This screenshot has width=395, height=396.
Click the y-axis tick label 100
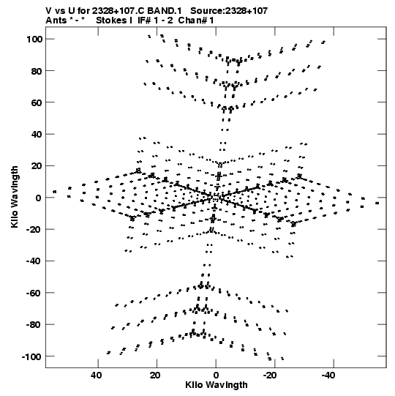tap(34, 39)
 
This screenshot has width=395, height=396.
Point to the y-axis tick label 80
tap(37, 71)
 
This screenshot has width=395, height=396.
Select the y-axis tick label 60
tap(37, 102)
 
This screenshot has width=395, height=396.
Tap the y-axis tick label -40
tap(33, 261)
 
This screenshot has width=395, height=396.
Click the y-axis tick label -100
tap(31, 356)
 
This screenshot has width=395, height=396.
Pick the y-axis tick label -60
tap(33, 293)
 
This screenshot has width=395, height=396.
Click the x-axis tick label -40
tap(328, 376)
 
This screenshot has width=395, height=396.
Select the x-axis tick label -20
tap(270, 376)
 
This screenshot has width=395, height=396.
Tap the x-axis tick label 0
tap(216, 376)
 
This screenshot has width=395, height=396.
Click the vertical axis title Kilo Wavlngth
tap(15, 197)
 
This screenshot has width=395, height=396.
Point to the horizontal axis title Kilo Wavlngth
tap(217, 385)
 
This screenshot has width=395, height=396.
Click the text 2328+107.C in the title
tap(118, 10)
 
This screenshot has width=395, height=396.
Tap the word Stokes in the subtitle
tap(112, 20)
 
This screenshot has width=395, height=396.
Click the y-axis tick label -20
tap(33, 229)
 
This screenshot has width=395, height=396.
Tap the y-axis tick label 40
tap(37, 135)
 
